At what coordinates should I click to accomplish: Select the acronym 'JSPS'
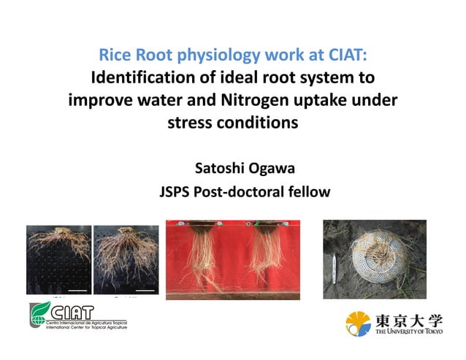(x=177, y=192)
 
